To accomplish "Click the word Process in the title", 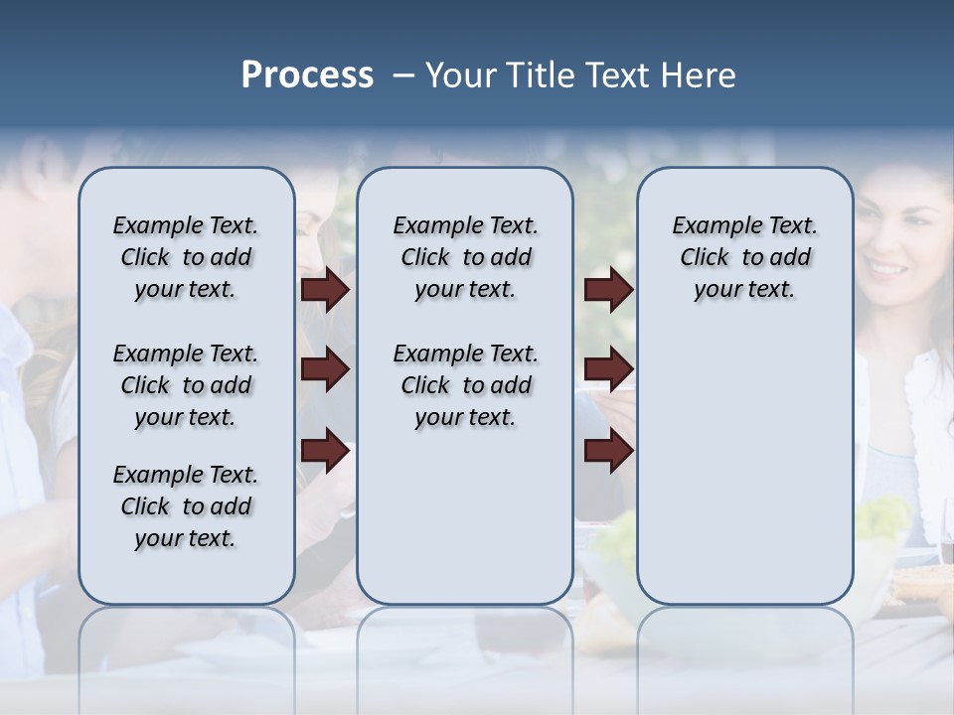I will pos(307,75).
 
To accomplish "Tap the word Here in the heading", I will pos(700,75).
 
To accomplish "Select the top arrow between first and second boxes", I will pos(324,290).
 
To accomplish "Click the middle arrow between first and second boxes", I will pos(324,370).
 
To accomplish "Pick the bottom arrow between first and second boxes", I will pos(324,451).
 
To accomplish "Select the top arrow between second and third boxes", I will pos(608,290).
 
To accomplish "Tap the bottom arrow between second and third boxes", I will pos(608,451).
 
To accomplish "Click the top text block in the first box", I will pos(186,257).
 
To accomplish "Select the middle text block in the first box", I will pos(186,385).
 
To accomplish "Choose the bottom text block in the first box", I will pos(186,506).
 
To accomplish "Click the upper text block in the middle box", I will pos(465,257).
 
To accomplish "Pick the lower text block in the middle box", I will pos(465,385).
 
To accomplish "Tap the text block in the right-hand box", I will pos(744,257).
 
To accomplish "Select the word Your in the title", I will pos(461,75).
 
